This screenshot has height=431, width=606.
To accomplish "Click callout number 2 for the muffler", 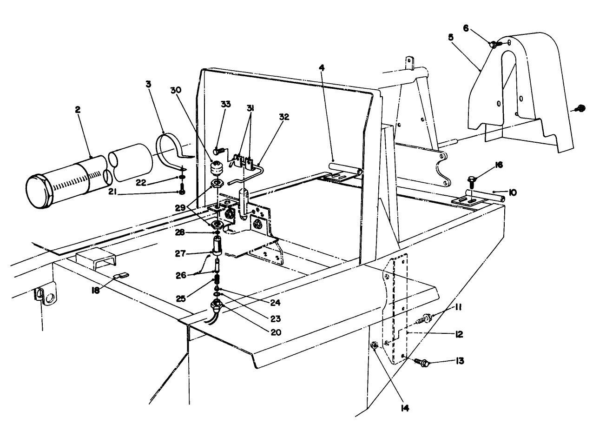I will [78, 110].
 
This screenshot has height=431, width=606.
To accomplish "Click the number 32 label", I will [283, 117].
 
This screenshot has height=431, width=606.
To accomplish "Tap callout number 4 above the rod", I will [322, 67].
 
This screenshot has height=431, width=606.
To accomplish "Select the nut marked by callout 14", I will [374, 346].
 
